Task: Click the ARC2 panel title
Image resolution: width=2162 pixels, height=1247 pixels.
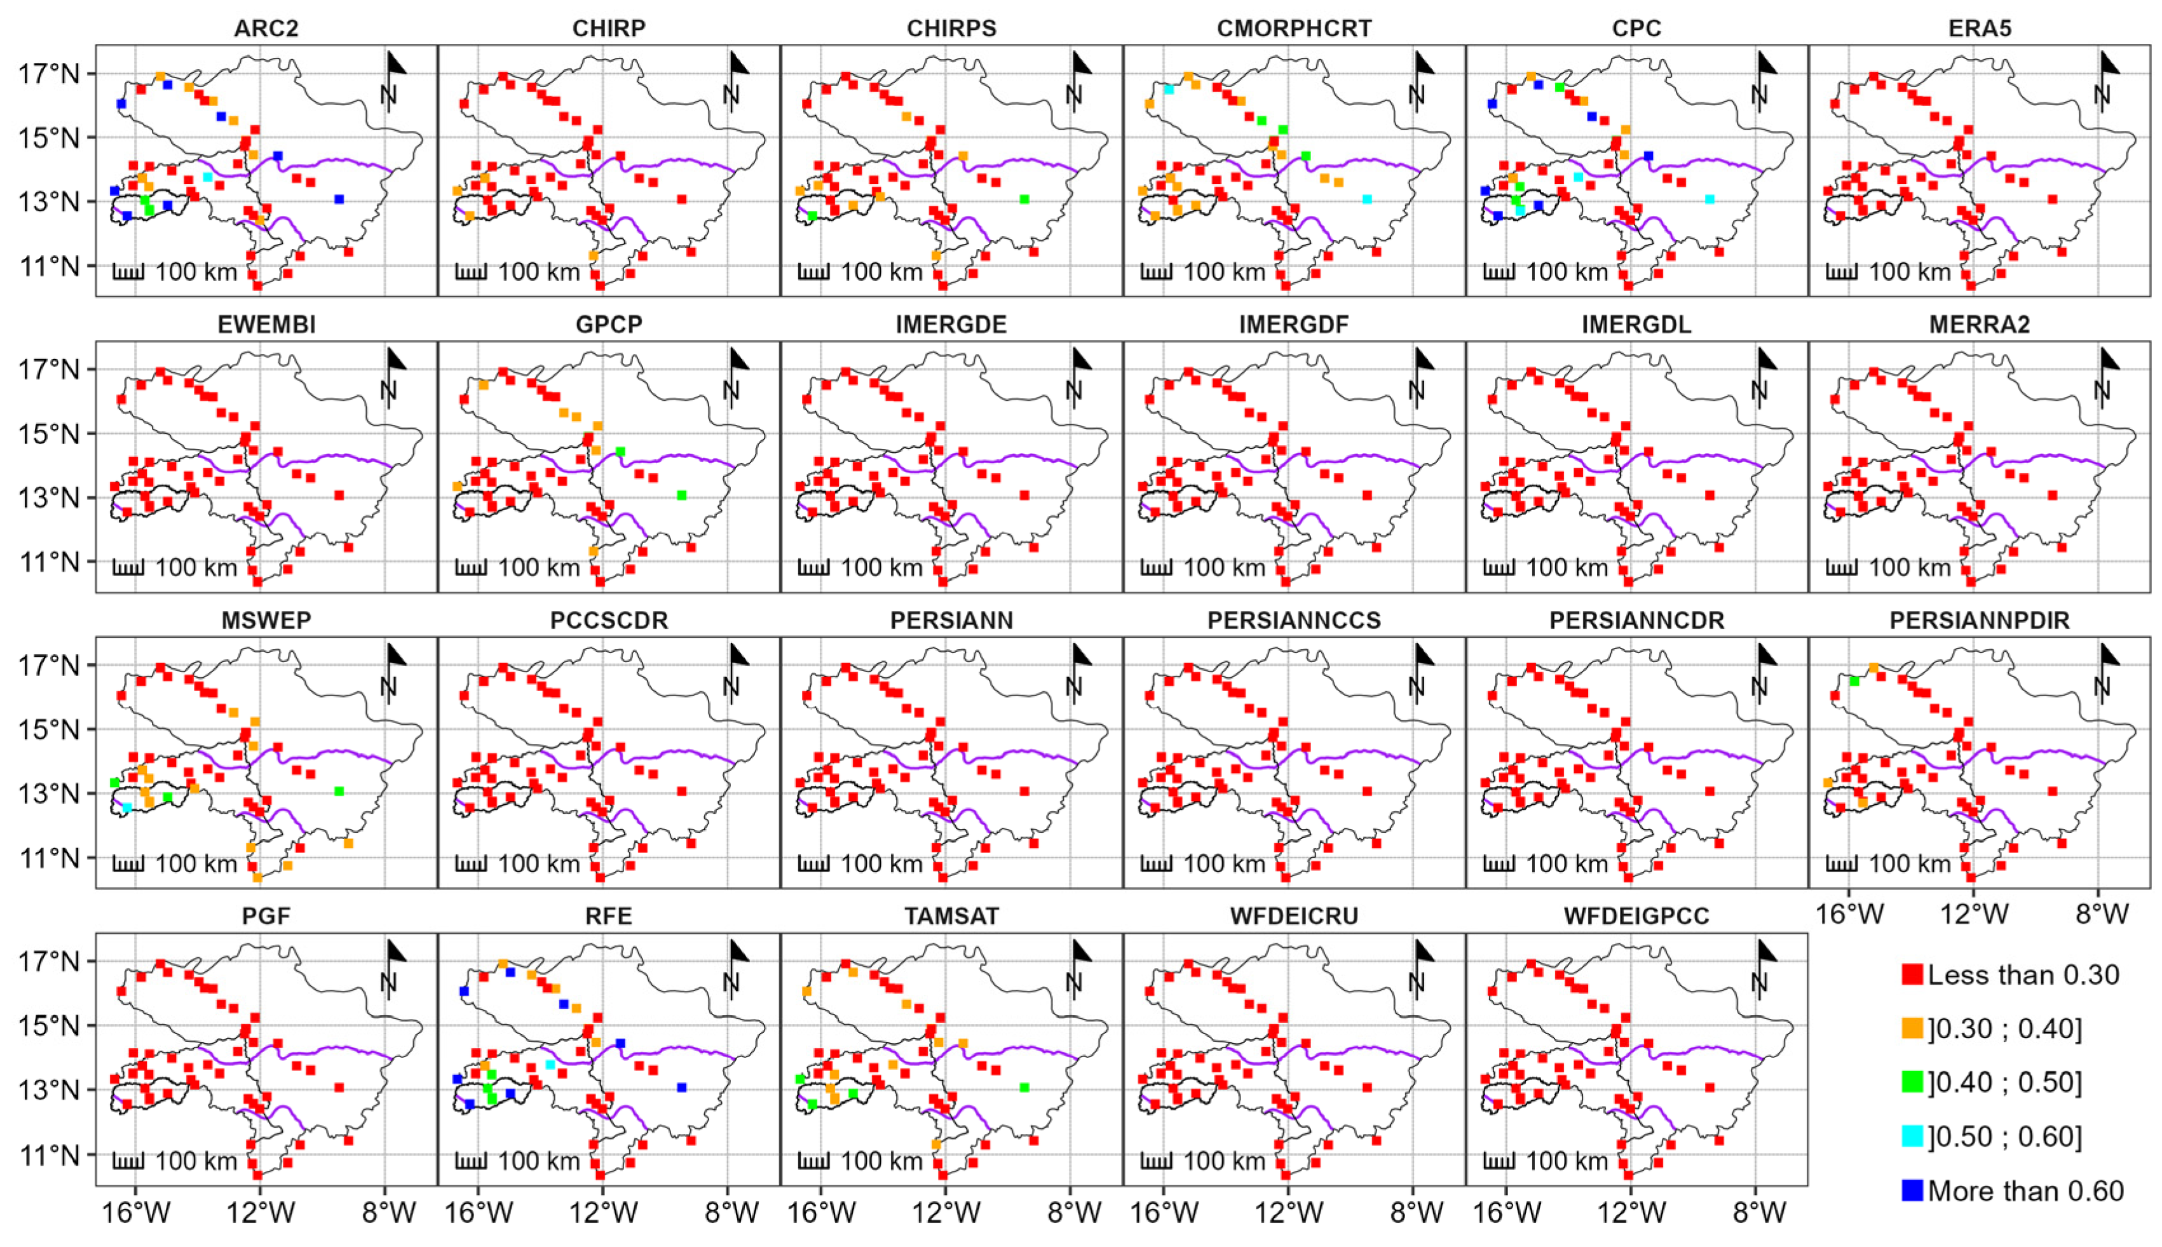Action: (266, 28)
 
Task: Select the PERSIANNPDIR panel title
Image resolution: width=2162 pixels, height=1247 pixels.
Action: (1979, 621)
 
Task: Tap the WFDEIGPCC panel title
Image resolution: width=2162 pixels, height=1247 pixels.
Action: (1636, 917)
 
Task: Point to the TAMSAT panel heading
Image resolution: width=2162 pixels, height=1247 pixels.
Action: (951, 917)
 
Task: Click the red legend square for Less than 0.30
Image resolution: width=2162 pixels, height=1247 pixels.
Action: (1912, 974)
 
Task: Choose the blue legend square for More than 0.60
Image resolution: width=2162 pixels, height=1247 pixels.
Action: (1912, 1190)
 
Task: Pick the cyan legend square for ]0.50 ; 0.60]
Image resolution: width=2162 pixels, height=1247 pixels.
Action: (1912, 1136)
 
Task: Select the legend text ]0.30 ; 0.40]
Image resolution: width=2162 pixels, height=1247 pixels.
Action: (2004, 1028)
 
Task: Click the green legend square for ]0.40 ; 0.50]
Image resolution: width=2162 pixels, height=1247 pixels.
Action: (1912, 1082)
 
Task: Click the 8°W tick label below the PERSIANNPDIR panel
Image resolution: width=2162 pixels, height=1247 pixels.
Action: (2101, 915)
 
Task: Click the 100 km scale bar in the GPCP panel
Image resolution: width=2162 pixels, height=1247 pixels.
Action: (470, 568)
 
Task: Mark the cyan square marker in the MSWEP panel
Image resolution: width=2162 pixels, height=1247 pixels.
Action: (126, 807)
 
